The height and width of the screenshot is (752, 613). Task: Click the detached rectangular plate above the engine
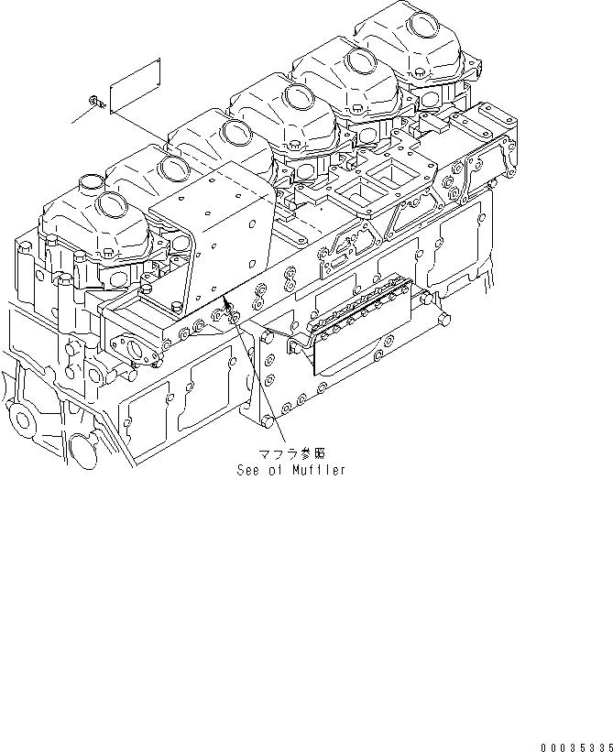135,85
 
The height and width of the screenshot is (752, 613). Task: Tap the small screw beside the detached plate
94,100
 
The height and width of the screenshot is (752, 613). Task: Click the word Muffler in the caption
320,471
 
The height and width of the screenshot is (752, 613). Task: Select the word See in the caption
249,471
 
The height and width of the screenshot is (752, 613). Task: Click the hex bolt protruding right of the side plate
443,321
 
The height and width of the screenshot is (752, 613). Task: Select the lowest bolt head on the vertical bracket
267,421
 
